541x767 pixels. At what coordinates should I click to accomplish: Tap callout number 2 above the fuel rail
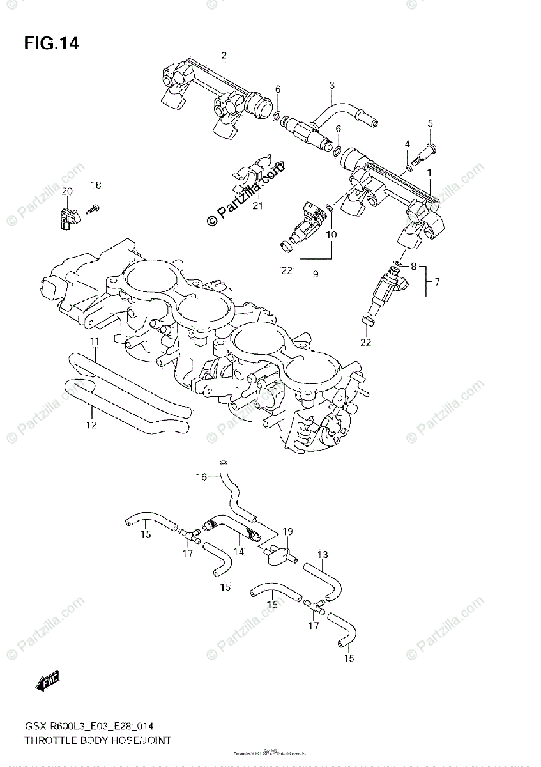click(x=224, y=56)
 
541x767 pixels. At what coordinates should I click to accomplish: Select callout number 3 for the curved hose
click(x=332, y=86)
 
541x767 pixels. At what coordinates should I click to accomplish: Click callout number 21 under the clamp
click(x=257, y=206)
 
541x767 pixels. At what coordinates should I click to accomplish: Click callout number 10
click(x=331, y=235)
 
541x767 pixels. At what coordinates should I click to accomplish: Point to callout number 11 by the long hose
click(x=95, y=342)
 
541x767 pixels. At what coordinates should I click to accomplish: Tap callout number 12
click(x=91, y=425)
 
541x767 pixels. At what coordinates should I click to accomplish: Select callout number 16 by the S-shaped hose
click(x=201, y=477)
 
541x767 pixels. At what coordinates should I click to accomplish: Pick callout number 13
click(x=323, y=554)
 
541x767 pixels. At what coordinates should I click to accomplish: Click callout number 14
click(x=239, y=551)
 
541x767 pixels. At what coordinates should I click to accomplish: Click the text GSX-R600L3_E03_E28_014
click(x=88, y=725)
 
